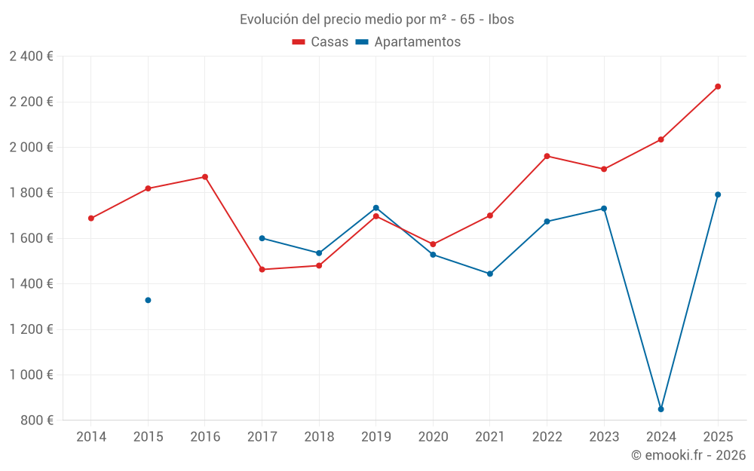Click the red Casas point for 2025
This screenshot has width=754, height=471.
718,87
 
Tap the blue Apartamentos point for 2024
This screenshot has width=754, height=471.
661,409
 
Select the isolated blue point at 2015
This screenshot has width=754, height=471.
148,300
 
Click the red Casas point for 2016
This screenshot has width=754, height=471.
205,177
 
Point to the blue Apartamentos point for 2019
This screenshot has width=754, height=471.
376,208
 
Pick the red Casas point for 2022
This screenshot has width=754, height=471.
547,157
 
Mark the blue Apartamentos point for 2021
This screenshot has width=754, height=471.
490,274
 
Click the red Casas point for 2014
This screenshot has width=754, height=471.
91,219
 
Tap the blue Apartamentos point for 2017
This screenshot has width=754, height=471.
262,238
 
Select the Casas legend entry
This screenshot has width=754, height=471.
320,42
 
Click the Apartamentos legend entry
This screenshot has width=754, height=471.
408,42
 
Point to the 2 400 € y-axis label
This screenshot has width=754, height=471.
31,57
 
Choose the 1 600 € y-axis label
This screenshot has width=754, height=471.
31,238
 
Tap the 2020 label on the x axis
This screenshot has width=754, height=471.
433,437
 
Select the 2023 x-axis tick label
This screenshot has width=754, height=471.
604,437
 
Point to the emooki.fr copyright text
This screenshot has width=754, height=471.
688,455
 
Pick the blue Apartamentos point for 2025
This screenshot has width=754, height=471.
718,194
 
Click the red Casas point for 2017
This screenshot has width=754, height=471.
262,269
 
